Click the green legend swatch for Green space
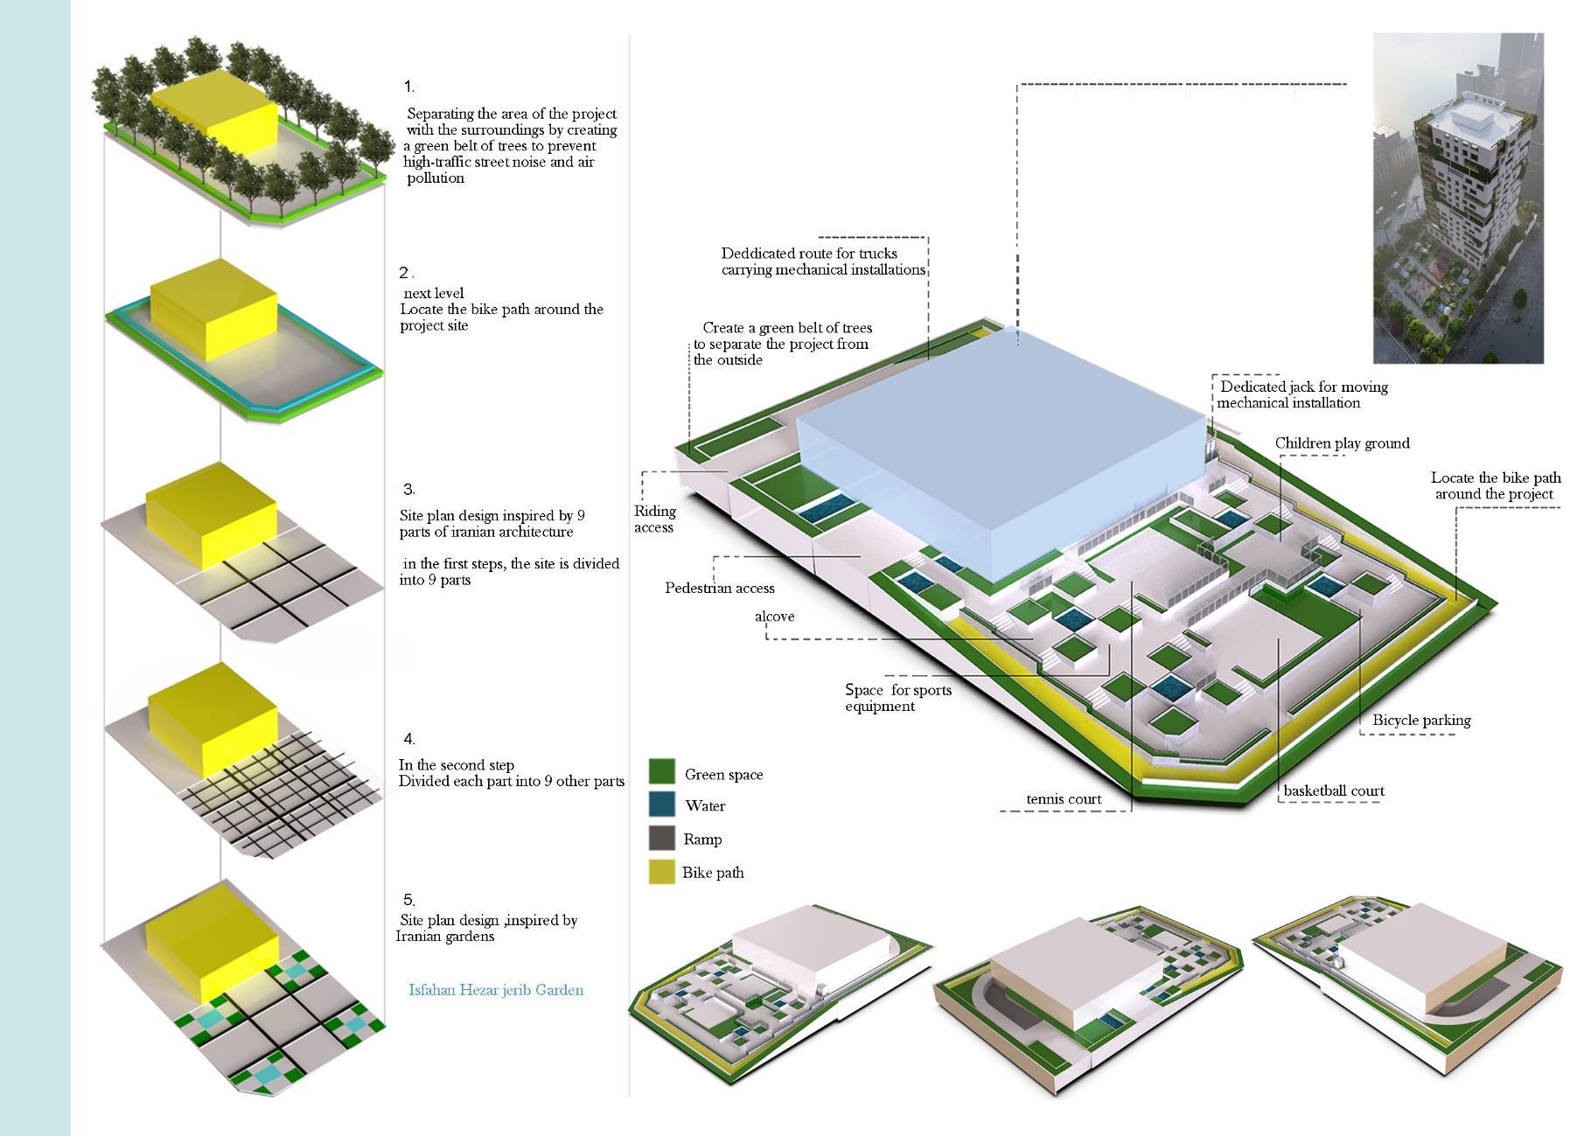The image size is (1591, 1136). pyautogui.click(x=662, y=771)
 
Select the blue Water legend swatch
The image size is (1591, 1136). pyautogui.click(x=662, y=805)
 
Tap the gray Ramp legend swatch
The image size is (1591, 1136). pyautogui.click(x=662, y=838)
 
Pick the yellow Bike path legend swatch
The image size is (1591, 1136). pyautogui.click(x=662, y=872)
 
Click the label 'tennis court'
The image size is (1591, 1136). pyautogui.click(x=1063, y=799)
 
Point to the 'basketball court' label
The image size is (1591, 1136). pyautogui.click(x=1333, y=791)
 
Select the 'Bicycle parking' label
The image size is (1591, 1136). pyautogui.click(x=1420, y=721)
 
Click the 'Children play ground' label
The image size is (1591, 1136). pyautogui.click(x=1342, y=443)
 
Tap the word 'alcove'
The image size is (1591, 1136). pyautogui.click(x=774, y=617)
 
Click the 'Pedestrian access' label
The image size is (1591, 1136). pyautogui.click(x=719, y=589)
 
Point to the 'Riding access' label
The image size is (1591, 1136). pyautogui.click(x=654, y=519)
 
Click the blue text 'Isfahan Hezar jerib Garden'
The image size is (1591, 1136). pyautogui.click(x=496, y=990)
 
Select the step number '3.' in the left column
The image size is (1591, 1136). pyautogui.click(x=408, y=489)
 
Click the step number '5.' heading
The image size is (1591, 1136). pyautogui.click(x=408, y=900)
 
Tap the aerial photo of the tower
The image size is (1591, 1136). pyautogui.click(x=1457, y=199)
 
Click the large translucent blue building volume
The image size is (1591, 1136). pyautogui.click(x=997, y=446)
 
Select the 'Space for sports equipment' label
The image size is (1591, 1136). pyautogui.click(x=897, y=698)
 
